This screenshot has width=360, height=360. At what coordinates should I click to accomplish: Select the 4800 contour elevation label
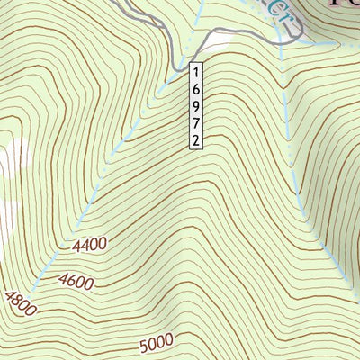click(x=20, y=304)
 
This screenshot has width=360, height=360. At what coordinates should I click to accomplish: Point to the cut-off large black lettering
click(x=338, y=7)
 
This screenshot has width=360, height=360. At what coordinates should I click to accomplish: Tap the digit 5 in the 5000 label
click(x=145, y=346)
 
